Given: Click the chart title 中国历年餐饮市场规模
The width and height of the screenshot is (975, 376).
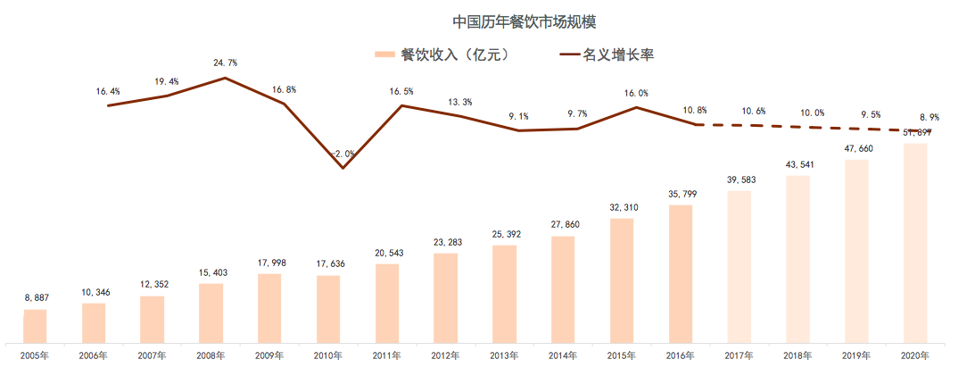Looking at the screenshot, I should [x=487, y=20].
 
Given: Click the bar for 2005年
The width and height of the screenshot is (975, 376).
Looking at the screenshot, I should [x=35, y=325].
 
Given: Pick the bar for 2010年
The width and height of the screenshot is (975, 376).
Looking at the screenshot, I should [x=328, y=308].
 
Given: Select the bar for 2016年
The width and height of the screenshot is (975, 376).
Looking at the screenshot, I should [x=681, y=273].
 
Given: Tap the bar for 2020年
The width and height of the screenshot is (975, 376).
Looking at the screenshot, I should [x=915, y=242].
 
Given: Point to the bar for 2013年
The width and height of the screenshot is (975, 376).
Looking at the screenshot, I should [x=504, y=293].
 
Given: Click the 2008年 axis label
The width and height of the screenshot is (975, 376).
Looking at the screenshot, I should [x=211, y=355].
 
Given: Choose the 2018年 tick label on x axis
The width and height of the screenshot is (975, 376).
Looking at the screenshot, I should [x=797, y=355].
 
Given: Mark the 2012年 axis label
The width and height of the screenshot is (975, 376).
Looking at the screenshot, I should [x=445, y=355].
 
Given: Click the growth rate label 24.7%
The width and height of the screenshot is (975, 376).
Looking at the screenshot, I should [x=225, y=63].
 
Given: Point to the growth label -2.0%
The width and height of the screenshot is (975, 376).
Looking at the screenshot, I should [x=343, y=154].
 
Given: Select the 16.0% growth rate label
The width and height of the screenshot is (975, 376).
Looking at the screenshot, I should [x=637, y=93].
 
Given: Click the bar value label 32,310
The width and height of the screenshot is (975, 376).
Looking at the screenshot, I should [x=622, y=207].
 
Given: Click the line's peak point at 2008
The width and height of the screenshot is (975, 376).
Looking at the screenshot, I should [x=225, y=78].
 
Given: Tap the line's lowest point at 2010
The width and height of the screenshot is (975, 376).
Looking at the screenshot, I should [x=343, y=168].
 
